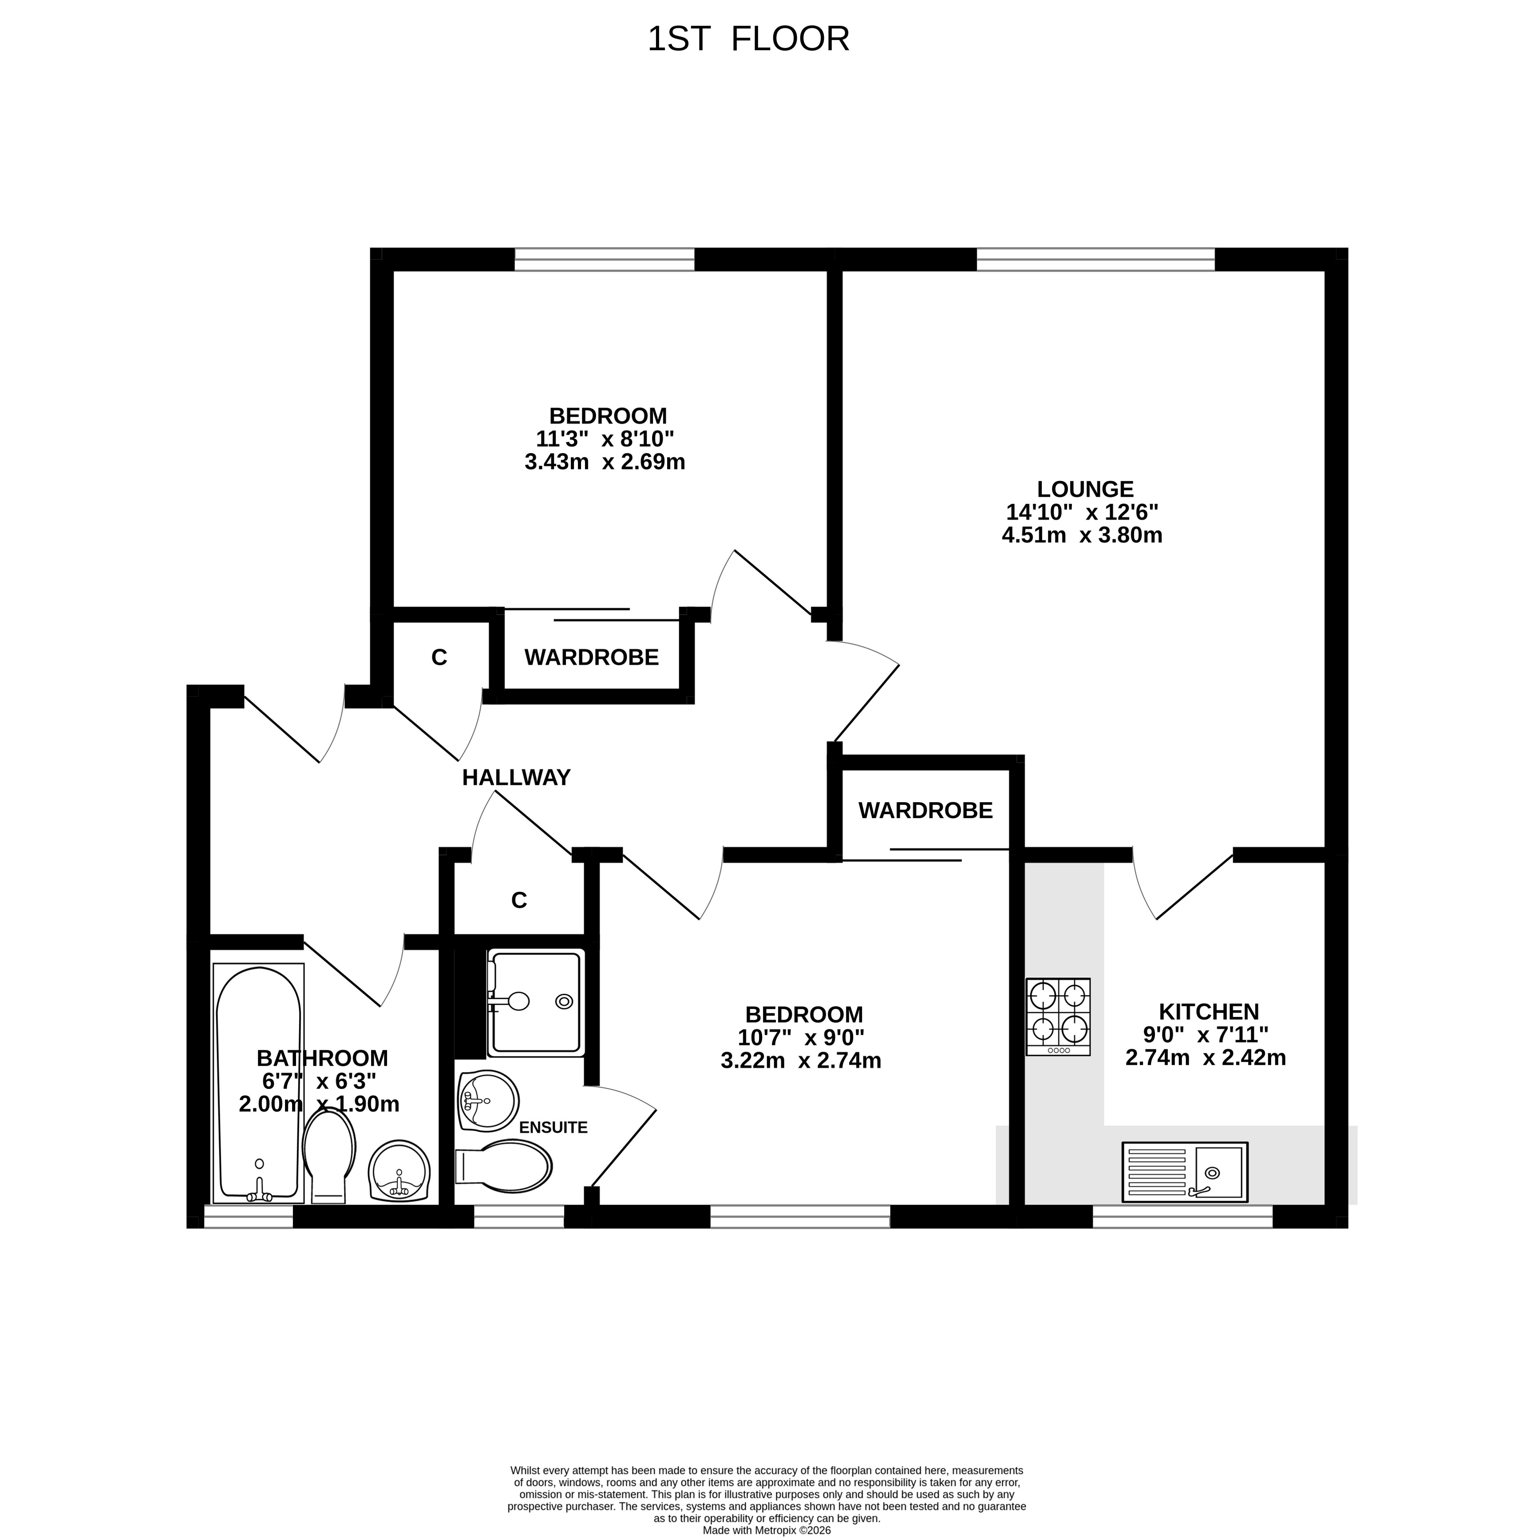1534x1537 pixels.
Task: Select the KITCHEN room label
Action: [1209, 1012]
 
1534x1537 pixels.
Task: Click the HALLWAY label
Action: [516, 777]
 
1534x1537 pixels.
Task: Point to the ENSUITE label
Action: [553, 1127]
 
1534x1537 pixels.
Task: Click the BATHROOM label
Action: [322, 1058]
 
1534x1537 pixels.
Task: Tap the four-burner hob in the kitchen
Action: [1057, 1017]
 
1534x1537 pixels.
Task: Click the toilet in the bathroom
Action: [328, 1156]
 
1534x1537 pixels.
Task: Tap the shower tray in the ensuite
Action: [535, 1002]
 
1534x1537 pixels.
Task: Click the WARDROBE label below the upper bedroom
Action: [591, 657]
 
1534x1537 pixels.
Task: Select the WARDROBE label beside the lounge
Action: [925, 810]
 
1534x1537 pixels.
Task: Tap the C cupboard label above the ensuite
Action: [519, 900]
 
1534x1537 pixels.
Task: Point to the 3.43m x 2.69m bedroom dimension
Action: [605, 461]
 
